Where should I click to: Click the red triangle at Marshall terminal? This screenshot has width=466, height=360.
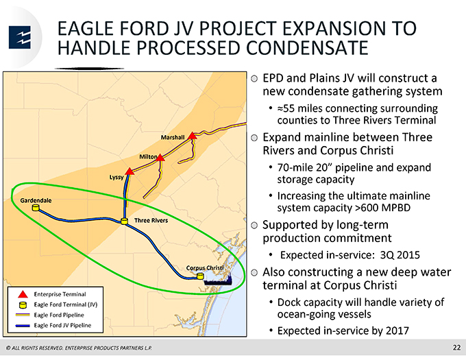[x=193, y=136]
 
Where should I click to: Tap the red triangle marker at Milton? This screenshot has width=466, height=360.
[x=160, y=158]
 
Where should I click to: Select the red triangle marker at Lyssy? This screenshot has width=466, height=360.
[x=130, y=171]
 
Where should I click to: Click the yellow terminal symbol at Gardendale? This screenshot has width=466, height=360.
[x=36, y=208]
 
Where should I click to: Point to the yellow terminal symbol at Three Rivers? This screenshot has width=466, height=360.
[x=124, y=221]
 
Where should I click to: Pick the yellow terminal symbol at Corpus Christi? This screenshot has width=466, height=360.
[x=201, y=276]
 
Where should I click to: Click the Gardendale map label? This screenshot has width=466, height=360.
[x=36, y=200]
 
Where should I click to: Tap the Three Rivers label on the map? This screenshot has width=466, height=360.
[x=151, y=220]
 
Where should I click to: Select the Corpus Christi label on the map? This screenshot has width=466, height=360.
[x=205, y=268]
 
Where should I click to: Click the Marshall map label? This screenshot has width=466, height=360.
[x=173, y=137]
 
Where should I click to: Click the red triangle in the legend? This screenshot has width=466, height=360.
[x=23, y=294]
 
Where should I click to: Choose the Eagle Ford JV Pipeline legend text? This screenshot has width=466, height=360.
[x=63, y=325]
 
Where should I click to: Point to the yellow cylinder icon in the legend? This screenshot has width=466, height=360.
[x=23, y=304]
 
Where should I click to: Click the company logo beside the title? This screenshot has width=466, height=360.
[x=20, y=37]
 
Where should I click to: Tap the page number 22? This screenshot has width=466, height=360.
[x=457, y=348]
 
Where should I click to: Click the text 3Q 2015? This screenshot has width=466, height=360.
[x=400, y=255]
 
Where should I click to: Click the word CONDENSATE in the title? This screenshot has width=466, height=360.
[x=307, y=47]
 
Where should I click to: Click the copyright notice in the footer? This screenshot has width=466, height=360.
[x=79, y=348]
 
